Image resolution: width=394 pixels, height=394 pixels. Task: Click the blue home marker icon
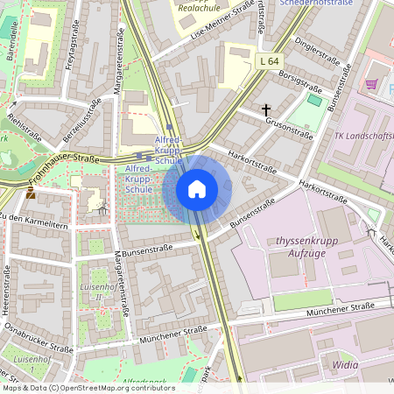[x=196, y=189]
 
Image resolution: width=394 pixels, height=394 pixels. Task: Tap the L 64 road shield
[x=269, y=60]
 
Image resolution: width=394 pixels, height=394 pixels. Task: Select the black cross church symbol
[x=267, y=110]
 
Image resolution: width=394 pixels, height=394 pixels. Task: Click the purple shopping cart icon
[x=371, y=84]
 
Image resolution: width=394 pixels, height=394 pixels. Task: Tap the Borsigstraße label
[x=300, y=87]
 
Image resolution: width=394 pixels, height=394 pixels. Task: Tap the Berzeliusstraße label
[x=81, y=119]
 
